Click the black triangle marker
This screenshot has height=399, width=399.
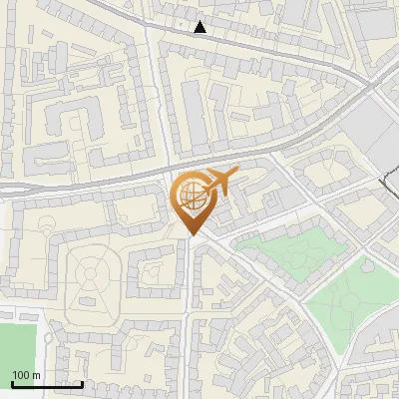coord(199,27)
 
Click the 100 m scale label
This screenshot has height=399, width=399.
coord(26,374)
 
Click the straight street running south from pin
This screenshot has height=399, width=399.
coord(189,319)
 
